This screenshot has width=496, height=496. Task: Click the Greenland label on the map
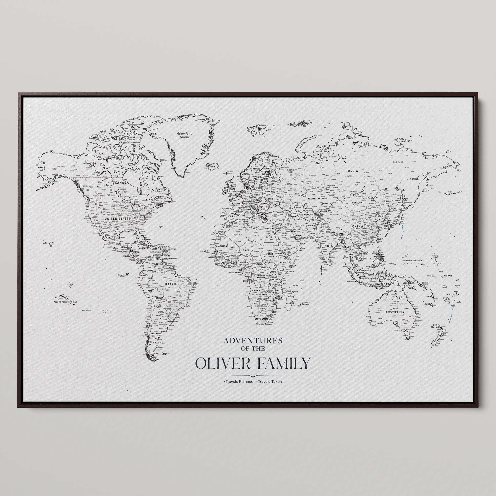185,133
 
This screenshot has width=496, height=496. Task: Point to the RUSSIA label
351,171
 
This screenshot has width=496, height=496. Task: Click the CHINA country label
358,227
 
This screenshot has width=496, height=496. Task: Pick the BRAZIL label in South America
171,284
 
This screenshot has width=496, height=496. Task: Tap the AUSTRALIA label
395,312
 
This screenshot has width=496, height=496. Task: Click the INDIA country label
328,246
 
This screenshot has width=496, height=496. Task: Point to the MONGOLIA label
357,203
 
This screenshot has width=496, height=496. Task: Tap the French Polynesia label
65,302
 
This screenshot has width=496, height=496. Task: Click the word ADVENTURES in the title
253,341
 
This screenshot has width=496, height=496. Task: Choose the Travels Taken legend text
269,381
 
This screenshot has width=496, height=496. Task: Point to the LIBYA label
256,235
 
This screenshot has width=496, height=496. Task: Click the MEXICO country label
111,238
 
